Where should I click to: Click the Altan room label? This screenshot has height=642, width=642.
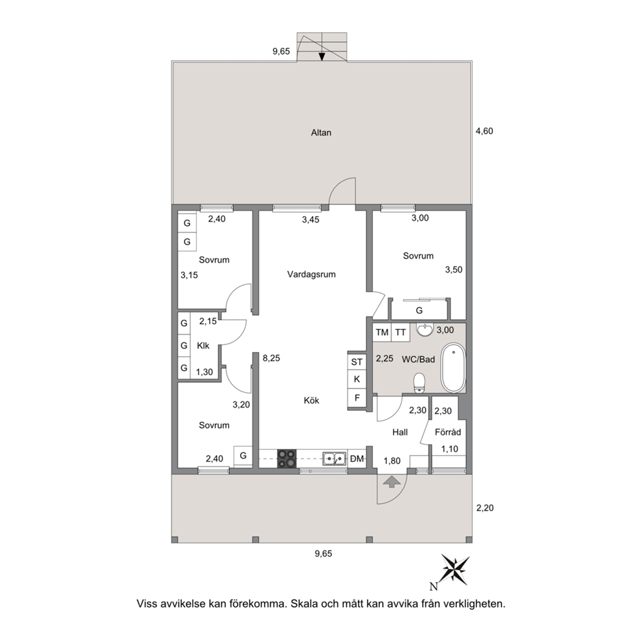(x=321, y=133)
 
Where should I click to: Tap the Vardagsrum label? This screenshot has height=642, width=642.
(x=311, y=274)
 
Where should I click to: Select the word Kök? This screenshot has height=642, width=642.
(x=311, y=401)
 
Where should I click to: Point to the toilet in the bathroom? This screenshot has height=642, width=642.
(x=419, y=383)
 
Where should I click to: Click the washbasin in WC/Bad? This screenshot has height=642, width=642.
(x=426, y=329)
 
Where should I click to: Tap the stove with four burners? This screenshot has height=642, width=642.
(x=287, y=459)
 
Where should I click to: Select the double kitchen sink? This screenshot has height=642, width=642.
(x=334, y=459)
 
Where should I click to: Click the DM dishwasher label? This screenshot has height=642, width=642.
(x=357, y=459)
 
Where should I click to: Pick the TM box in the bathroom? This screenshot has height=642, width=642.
(x=382, y=333)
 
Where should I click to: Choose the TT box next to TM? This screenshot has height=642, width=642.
(x=401, y=333)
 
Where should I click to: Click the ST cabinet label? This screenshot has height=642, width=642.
(x=357, y=362)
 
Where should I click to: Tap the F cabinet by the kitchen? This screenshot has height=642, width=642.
(x=357, y=397)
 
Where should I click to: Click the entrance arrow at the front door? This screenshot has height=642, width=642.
(x=392, y=481)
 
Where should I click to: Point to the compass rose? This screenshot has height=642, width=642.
(x=455, y=570)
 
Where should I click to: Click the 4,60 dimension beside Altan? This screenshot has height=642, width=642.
(x=484, y=131)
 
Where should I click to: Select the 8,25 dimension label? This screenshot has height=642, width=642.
(x=271, y=359)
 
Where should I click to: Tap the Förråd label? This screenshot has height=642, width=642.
(x=448, y=432)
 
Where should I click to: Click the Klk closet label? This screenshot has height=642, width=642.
(x=203, y=346)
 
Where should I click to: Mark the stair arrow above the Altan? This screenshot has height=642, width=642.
(x=322, y=57)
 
